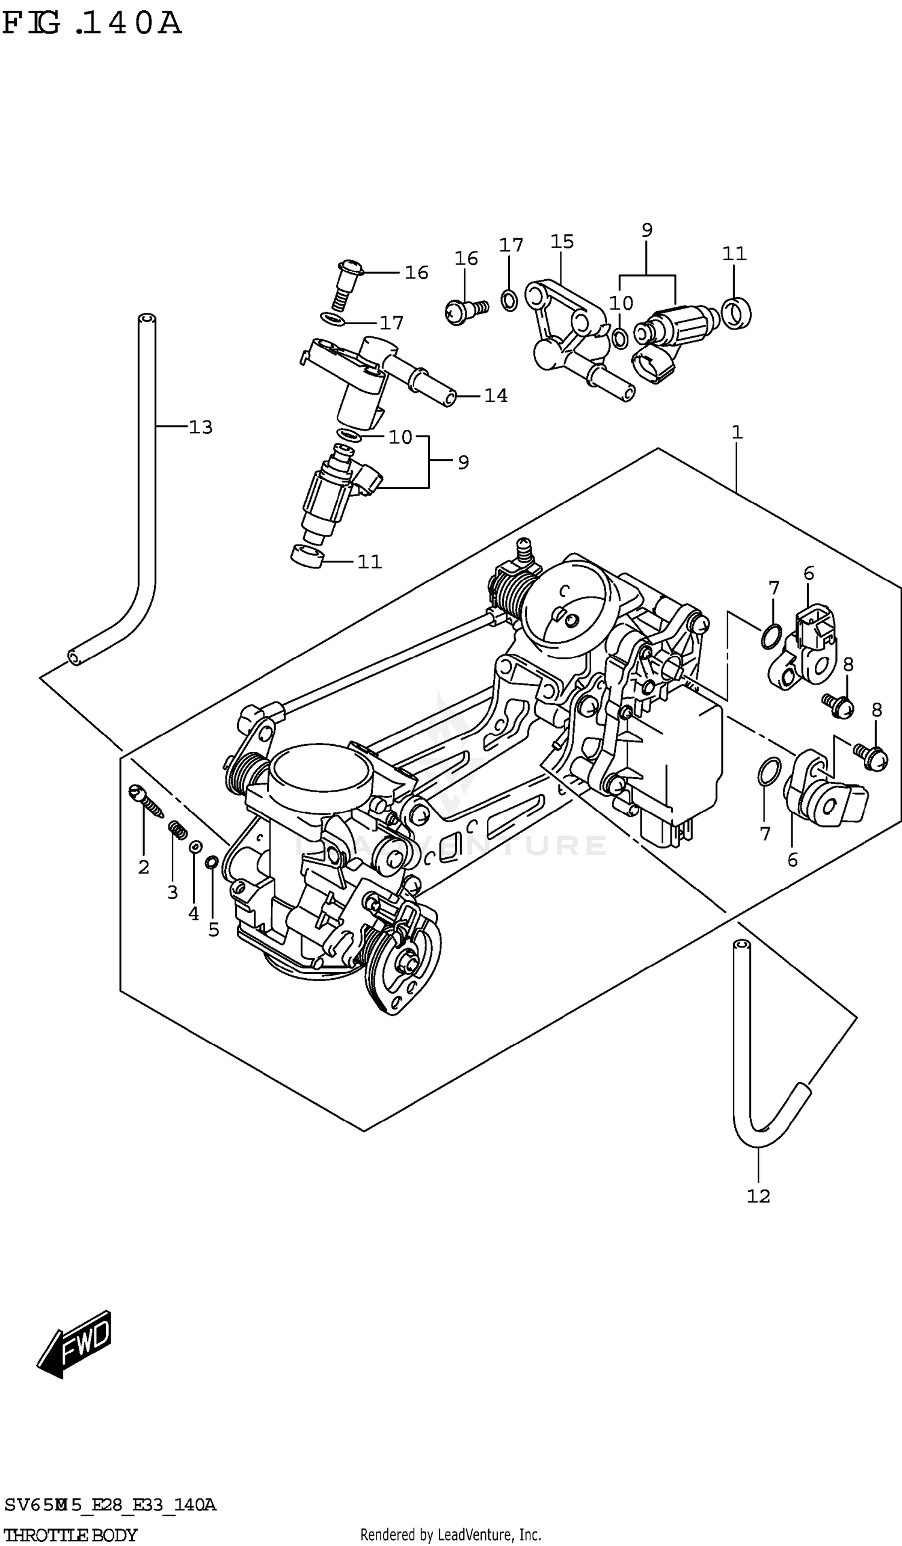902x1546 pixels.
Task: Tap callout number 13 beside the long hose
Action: pyautogui.click(x=200, y=427)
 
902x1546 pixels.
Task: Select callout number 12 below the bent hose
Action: pyautogui.click(x=758, y=1196)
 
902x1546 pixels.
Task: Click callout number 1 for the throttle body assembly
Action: pyautogui.click(x=737, y=433)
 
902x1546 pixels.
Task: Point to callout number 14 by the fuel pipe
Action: pyautogui.click(x=495, y=396)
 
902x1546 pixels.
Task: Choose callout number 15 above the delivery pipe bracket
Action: pyautogui.click(x=562, y=242)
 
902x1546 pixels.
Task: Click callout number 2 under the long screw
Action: pyautogui.click(x=144, y=867)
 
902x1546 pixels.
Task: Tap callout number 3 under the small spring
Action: pyautogui.click(x=173, y=892)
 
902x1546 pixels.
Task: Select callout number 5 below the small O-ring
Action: pyautogui.click(x=213, y=930)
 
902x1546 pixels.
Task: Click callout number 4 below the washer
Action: pyautogui.click(x=193, y=914)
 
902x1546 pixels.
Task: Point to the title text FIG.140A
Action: pyautogui.click(x=92, y=23)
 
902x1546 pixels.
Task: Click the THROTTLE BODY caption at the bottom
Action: pyautogui.click(x=70, y=1535)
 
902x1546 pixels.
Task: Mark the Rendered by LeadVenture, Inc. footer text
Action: pyautogui.click(x=450, y=1535)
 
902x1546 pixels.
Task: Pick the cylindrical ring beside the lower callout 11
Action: pyautogui.click(x=307, y=556)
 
